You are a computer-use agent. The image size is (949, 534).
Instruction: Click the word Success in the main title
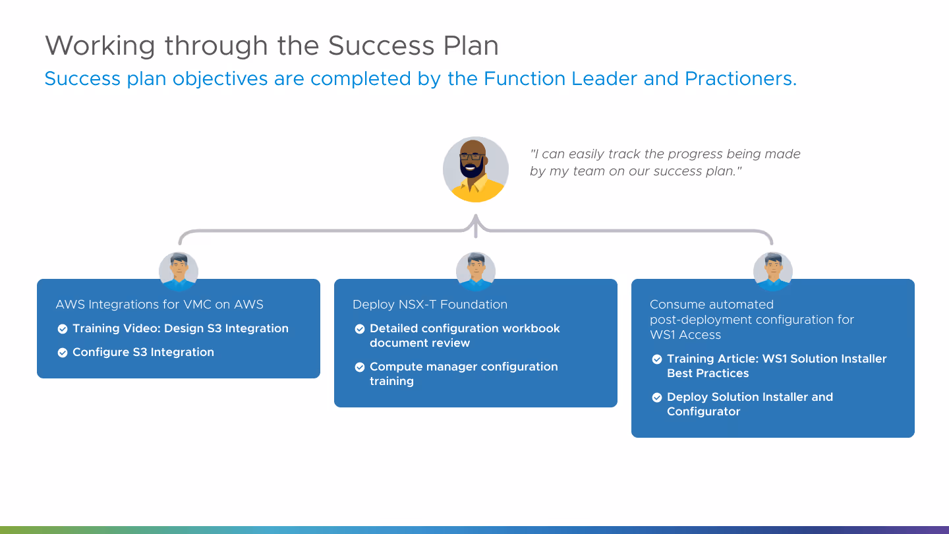point(381,45)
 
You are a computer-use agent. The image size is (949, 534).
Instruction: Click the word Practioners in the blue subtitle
point(741,78)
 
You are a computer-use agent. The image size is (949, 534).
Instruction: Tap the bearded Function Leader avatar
point(476,169)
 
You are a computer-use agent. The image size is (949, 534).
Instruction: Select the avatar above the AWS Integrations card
point(179,271)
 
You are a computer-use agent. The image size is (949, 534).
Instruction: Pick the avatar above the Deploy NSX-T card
point(476,271)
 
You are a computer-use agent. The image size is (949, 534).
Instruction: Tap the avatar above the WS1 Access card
point(773,271)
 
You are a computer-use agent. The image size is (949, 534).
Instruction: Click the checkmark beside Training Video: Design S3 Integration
point(62,329)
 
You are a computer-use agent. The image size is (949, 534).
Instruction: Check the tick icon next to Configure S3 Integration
point(62,353)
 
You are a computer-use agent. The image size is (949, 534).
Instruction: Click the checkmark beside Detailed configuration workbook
point(360,329)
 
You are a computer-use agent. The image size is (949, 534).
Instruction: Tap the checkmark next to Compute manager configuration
point(360,367)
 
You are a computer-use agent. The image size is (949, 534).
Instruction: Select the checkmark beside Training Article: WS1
point(656,359)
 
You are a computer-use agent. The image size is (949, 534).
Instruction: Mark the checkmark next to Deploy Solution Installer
point(656,398)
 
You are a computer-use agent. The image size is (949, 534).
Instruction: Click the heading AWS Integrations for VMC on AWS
point(159,305)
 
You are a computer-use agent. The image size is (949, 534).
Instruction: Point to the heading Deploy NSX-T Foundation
point(430,305)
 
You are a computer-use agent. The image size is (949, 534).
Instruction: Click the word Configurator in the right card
point(704,411)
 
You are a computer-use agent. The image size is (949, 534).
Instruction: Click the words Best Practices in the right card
point(708,373)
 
